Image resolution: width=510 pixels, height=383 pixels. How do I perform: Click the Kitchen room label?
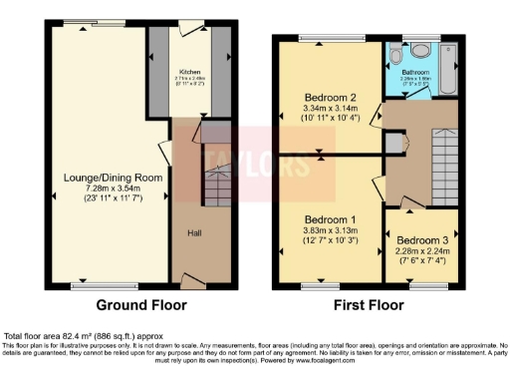tap(189, 72)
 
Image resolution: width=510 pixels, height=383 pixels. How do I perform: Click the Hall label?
tap(197, 234)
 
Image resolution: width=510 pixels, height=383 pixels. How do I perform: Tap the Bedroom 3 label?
tap(422, 240)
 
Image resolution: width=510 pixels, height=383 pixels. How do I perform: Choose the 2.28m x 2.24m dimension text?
tap(422, 251)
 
